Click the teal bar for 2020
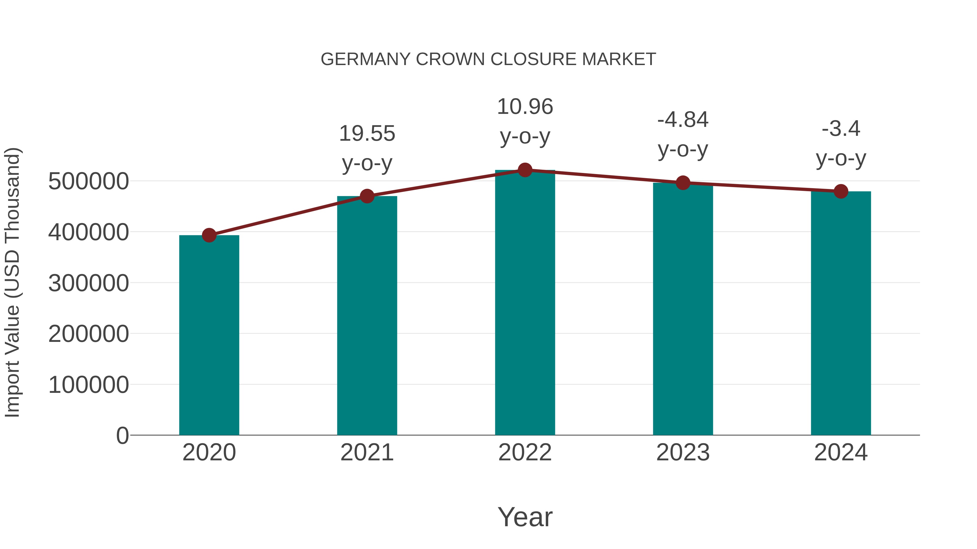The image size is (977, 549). (x=209, y=335)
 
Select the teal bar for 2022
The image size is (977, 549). (x=525, y=303)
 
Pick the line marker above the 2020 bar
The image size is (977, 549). (x=209, y=235)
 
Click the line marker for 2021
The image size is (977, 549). (x=367, y=196)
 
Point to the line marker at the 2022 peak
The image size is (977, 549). (x=525, y=170)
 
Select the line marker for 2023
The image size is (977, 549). (x=683, y=183)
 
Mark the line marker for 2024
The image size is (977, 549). (x=841, y=191)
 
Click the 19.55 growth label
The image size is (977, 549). (x=367, y=134)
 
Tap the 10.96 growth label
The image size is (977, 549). (x=525, y=107)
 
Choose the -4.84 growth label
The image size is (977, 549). (x=683, y=120)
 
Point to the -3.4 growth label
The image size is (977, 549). (x=841, y=129)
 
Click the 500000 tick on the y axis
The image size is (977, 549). (x=88, y=181)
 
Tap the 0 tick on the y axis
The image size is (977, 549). (x=122, y=436)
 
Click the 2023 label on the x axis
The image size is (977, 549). (x=683, y=452)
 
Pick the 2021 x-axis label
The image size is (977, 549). (x=367, y=452)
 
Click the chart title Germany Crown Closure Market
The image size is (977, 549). (x=488, y=59)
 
